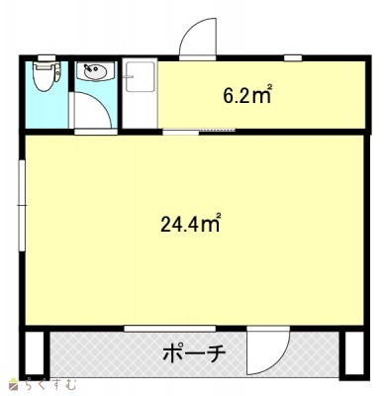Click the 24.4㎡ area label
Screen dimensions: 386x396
point(190,224)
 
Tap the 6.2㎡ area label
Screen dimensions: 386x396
point(247,95)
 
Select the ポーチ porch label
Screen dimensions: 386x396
point(194,353)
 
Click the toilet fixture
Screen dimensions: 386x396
point(48,76)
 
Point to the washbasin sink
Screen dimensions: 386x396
point(95,72)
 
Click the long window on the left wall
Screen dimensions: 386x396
point(22,206)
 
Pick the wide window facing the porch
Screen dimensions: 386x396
point(170,329)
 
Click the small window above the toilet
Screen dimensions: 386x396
point(47,57)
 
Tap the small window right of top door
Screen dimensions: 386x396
point(293,58)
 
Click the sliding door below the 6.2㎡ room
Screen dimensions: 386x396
point(199,132)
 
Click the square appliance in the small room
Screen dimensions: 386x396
point(141,76)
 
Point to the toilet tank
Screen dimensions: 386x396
point(47,65)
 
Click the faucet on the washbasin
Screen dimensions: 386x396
point(88,69)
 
